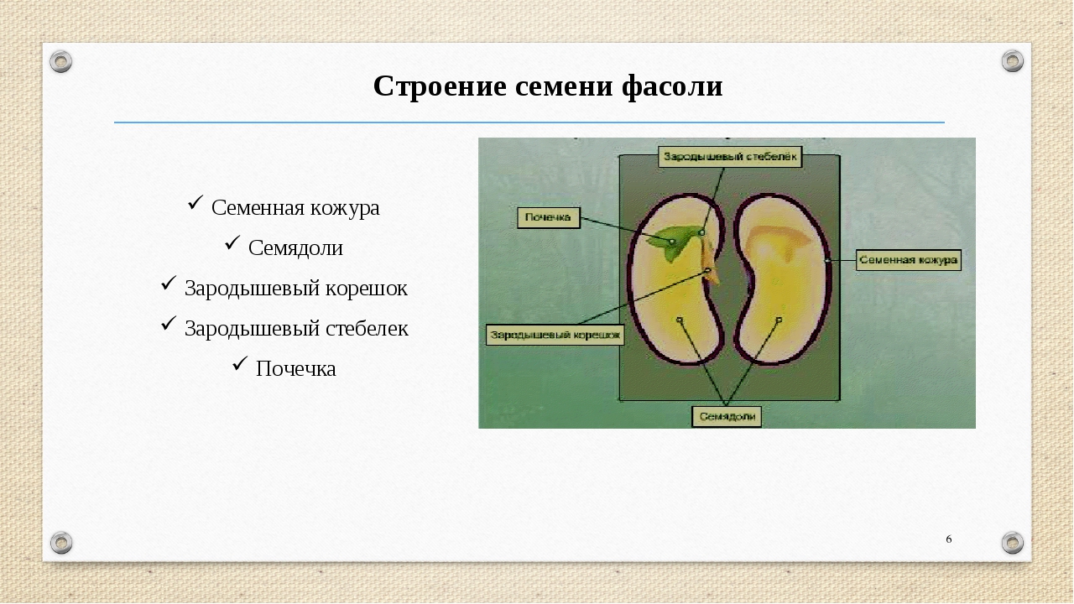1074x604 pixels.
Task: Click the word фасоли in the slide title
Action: (672, 87)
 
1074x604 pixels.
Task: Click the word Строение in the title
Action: (440, 86)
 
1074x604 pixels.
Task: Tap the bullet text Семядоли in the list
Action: (295, 248)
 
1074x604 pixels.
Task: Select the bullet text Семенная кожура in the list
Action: (295, 208)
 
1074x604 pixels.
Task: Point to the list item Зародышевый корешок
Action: (296, 289)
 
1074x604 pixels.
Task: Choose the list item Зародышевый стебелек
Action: (296, 329)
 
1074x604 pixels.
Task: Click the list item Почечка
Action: (296, 369)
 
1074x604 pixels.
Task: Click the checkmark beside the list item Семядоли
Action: (232, 242)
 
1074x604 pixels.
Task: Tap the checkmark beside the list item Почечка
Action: (240, 363)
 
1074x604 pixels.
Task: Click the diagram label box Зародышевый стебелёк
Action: (730, 157)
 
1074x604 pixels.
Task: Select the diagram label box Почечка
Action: (549, 217)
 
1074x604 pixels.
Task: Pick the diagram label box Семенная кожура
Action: (909, 260)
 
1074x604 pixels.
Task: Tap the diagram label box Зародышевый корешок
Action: (555, 335)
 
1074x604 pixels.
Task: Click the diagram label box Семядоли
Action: (727, 417)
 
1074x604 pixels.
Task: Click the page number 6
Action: (948, 539)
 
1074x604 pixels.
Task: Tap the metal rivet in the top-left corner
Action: (61, 61)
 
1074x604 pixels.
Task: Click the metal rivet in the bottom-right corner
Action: (1012, 543)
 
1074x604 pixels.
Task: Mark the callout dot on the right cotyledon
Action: (779, 320)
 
